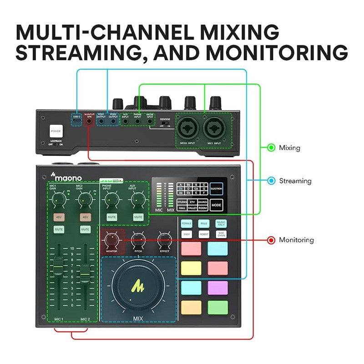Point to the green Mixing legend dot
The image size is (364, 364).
point(271,147)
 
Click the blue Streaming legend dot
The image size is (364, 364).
point(271,181)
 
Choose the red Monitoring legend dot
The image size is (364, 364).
point(271,240)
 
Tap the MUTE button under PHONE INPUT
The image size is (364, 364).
point(109,217)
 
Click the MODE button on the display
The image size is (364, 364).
point(216,205)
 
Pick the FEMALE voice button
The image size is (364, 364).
point(187,223)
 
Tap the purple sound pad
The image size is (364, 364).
point(217,288)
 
